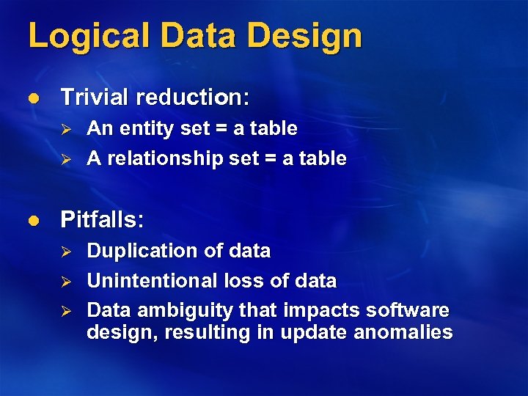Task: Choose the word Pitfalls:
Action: pos(103,219)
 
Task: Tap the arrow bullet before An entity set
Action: pos(65,129)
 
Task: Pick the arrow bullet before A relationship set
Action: pos(65,159)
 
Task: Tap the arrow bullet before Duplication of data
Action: pos(65,252)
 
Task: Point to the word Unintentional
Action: pos(150,281)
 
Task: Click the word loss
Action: pos(237,281)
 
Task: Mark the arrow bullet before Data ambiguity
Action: pos(65,312)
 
